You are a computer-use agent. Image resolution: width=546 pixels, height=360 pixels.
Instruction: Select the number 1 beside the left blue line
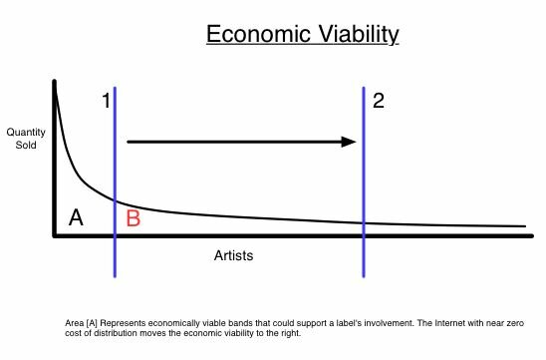[x=105, y=102]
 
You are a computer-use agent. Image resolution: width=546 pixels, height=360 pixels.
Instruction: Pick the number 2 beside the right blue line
[x=378, y=100]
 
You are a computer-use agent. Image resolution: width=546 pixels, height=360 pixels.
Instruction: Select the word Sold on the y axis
[x=26, y=144]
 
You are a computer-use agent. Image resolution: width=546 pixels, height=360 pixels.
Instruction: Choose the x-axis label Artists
[x=234, y=255]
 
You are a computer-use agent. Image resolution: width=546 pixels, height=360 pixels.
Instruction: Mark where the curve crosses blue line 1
[x=116, y=200]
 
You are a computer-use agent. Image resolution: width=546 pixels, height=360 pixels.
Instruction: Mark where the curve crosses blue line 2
[x=363, y=222]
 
